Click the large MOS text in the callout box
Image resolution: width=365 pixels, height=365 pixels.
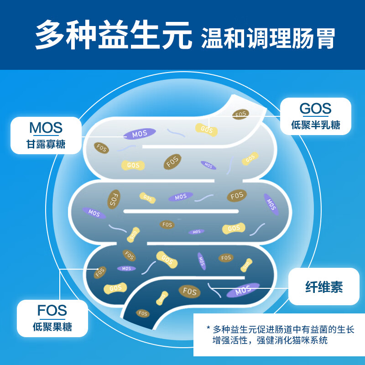[46, 128]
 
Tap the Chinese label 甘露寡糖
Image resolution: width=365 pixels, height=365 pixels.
[46, 144]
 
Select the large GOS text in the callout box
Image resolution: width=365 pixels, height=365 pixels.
[315, 109]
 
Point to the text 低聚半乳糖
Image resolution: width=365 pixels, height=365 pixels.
[315, 125]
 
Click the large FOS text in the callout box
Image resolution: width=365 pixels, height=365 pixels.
[52, 310]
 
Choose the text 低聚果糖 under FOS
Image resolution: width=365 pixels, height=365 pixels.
[52, 327]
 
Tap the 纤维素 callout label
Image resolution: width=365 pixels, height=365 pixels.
[324, 287]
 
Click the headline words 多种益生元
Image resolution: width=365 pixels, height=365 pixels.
[114, 35]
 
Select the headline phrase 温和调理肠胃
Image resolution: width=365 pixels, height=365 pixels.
[268, 38]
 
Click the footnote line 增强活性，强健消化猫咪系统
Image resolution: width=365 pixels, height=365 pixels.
[270, 340]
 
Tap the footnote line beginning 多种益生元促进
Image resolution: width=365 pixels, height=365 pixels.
[283, 329]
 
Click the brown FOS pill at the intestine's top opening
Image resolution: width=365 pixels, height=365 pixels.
[240, 115]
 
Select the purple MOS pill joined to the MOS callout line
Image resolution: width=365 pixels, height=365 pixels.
[140, 134]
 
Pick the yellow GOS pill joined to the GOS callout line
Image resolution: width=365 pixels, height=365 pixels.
[207, 130]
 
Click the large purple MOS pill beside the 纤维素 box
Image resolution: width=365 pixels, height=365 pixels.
[243, 290]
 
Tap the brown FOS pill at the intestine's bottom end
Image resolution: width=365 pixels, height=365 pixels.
[142, 313]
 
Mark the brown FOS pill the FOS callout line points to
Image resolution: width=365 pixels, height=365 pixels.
[100, 272]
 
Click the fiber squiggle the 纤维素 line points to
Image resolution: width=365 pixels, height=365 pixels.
[214, 290]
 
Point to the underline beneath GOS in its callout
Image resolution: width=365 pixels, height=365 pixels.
[315, 116]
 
